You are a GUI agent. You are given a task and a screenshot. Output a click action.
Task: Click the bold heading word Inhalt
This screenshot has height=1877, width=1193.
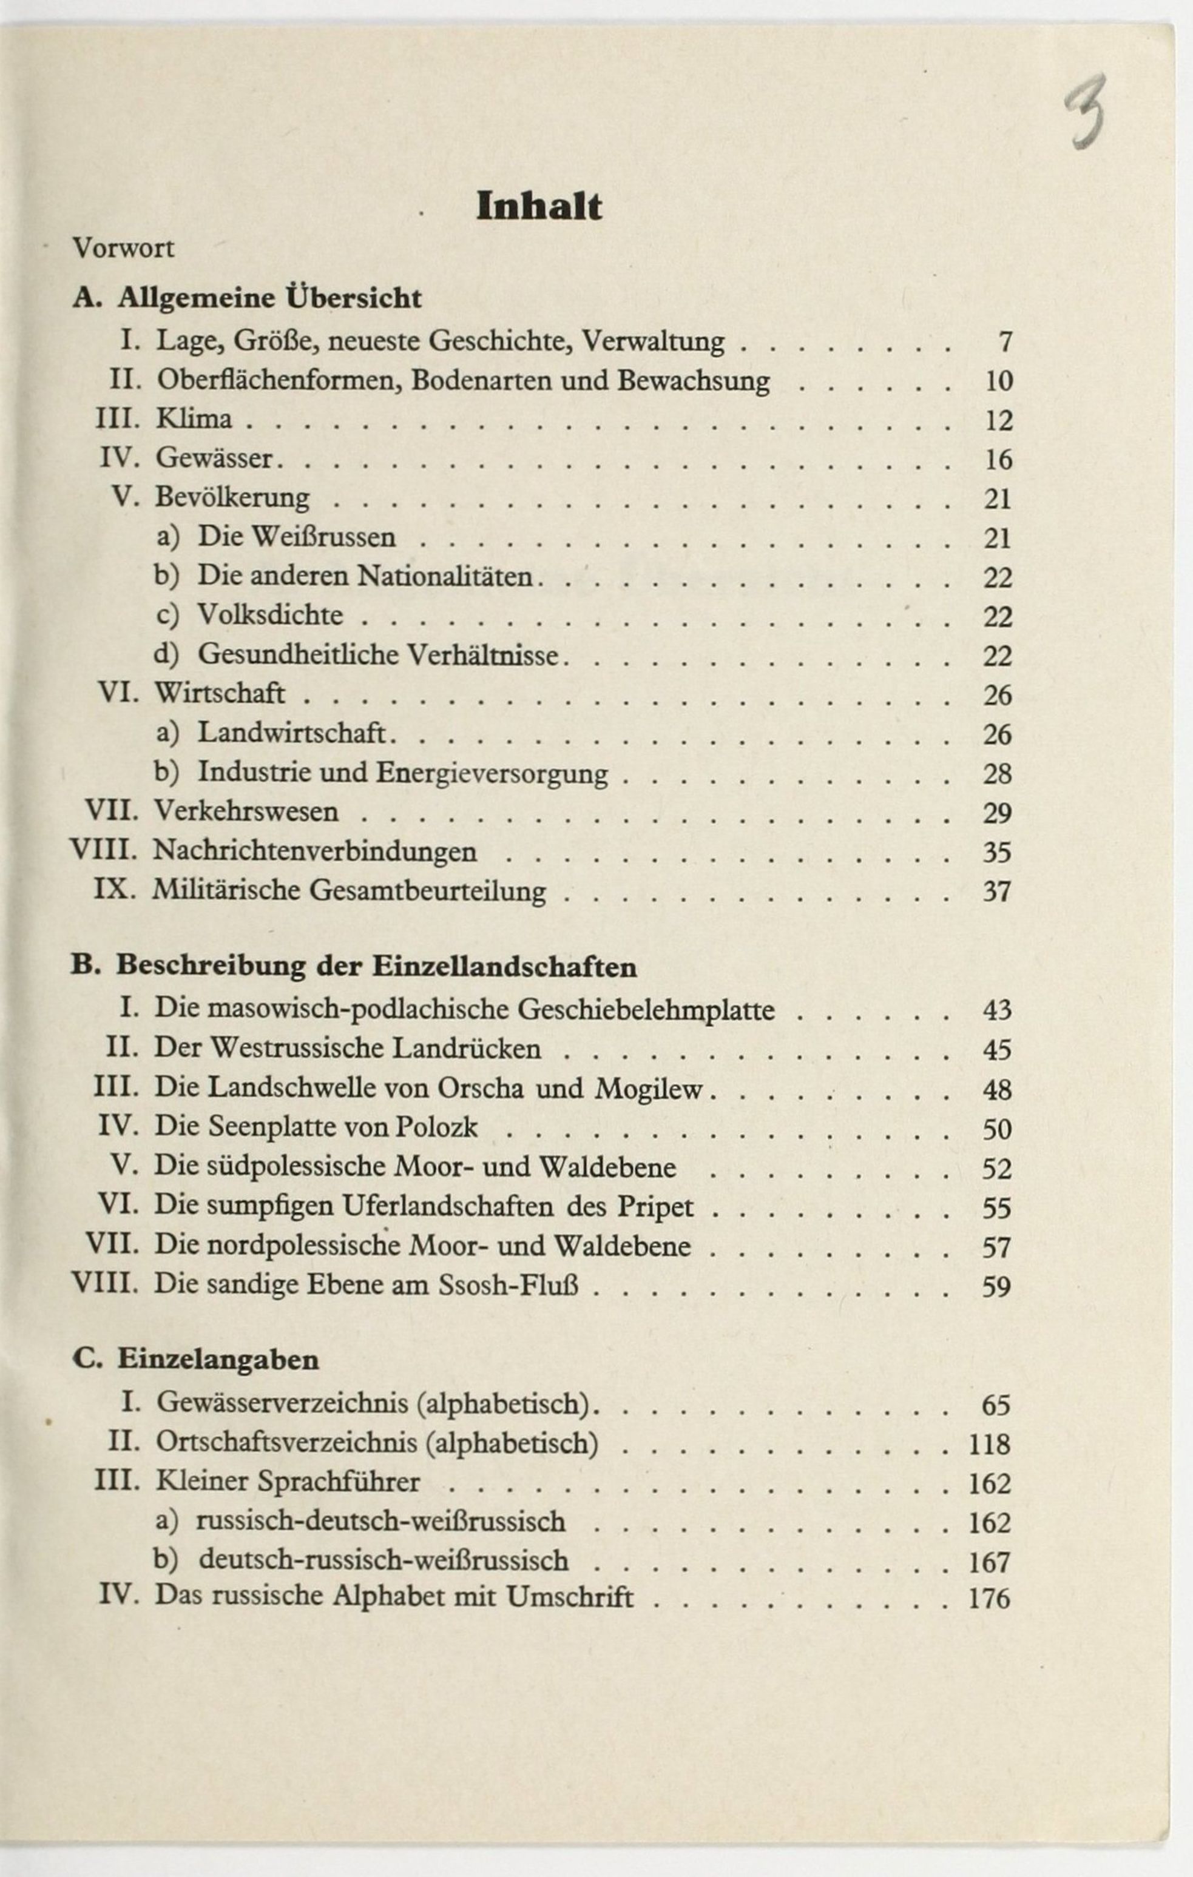coord(539,207)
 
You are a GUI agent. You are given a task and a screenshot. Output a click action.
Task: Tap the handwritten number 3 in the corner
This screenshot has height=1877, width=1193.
coord(1087,111)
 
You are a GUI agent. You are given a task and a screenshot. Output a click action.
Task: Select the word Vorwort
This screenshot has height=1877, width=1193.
coord(123,249)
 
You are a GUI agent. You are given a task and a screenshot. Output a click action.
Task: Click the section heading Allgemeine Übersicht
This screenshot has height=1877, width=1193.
coord(269,298)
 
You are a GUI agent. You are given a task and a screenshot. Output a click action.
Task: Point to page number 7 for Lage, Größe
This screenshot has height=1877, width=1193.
coord(1004,342)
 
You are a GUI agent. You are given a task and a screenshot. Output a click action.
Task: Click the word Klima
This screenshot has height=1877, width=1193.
coord(194,419)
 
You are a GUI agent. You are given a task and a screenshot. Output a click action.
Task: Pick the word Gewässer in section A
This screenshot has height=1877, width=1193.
coord(214,458)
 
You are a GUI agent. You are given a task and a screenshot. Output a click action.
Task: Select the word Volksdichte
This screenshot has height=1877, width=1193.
coord(270,615)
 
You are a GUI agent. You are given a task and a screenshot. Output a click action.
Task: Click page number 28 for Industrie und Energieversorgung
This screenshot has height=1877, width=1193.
coord(996,774)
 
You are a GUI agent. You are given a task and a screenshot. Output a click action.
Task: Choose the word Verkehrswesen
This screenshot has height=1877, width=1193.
coord(246,812)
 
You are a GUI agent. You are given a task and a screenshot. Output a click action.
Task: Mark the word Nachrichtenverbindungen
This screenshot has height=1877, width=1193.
coord(314,851)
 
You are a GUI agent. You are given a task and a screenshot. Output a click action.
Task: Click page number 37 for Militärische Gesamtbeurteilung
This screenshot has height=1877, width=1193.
coord(996,891)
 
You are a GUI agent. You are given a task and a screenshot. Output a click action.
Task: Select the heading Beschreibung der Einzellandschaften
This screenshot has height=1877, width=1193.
coord(376,967)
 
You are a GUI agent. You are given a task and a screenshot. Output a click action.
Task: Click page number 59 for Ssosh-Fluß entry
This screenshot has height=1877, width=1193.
coord(996,1286)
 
